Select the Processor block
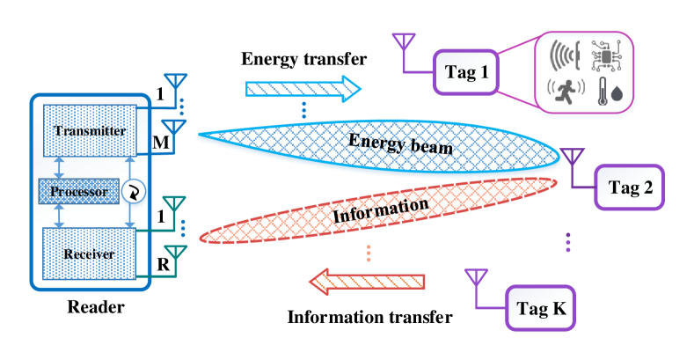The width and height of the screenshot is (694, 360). point(79,191)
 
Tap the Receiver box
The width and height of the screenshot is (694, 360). point(89,254)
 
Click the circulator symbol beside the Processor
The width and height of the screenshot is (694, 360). point(135,191)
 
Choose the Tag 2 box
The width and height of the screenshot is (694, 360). point(626,187)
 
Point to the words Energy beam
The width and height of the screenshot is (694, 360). point(400,143)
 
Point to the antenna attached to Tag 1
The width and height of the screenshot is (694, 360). point(404,46)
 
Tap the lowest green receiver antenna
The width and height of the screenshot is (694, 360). point(175,258)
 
